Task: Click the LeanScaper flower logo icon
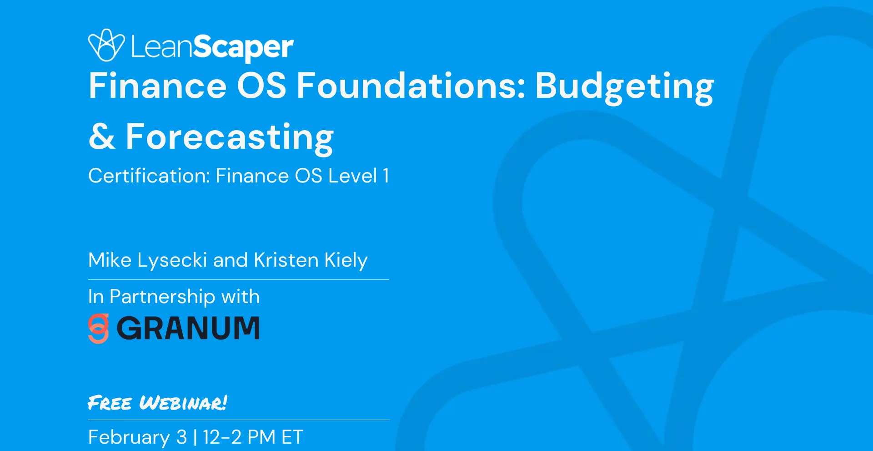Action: [106, 45]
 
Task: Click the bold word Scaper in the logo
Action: [243, 48]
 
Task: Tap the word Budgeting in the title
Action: [624, 87]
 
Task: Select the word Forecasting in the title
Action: [230, 138]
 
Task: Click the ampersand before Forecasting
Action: [102, 136]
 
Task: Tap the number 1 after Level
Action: [386, 176]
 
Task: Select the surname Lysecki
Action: [172, 260]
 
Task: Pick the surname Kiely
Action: [346, 261]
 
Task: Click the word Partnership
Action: [162, 297]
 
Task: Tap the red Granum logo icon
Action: [99, 328]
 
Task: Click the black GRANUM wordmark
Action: [188, 328]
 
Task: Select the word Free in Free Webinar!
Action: [110, 403]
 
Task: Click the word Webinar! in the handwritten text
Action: [183, 403]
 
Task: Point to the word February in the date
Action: [129, 437]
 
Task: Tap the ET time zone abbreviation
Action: [292, 437]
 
